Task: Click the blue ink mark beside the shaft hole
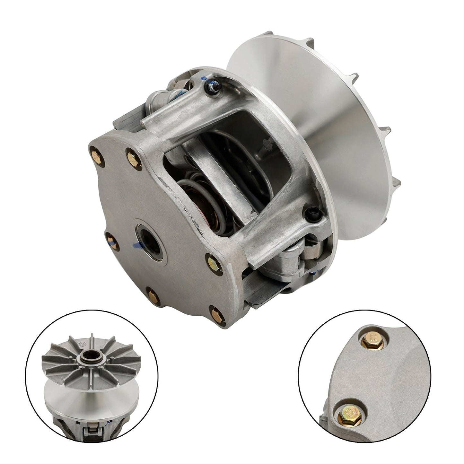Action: coord(138,247)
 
